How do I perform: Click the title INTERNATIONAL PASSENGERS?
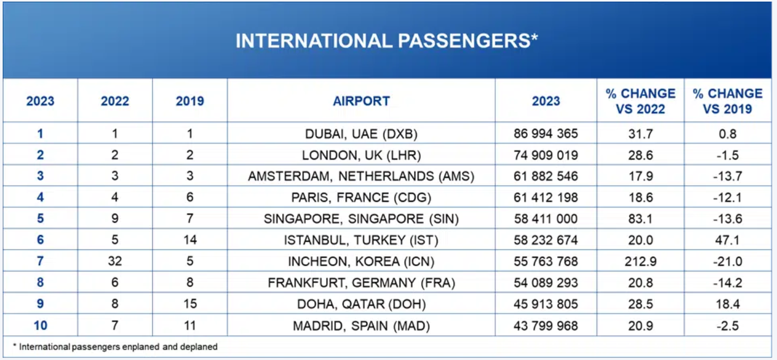(x=387, y=41)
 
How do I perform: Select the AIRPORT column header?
(x=361, y=101)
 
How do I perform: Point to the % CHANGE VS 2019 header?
(x=727, y=101)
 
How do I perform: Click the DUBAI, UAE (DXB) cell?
(x=361, y=134)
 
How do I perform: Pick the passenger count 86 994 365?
(x=545, y=134)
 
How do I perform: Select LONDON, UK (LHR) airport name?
(x=361, y=155)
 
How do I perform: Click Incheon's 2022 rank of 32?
(x=115, y=261)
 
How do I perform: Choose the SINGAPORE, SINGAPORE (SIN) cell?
(x=361, y=219)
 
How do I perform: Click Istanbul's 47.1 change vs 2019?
(x=727, y=240)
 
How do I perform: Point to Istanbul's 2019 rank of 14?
(x=190, y=240)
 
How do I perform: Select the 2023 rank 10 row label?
(x=40, y=325)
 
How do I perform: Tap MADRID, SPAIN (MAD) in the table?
(x=361, y=325)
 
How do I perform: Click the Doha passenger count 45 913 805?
(x=545, y=304)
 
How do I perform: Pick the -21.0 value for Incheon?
(x=727, y=261)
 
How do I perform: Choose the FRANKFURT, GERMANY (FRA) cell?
(x=361, y=283)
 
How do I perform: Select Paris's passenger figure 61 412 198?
(x=545, y=198)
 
